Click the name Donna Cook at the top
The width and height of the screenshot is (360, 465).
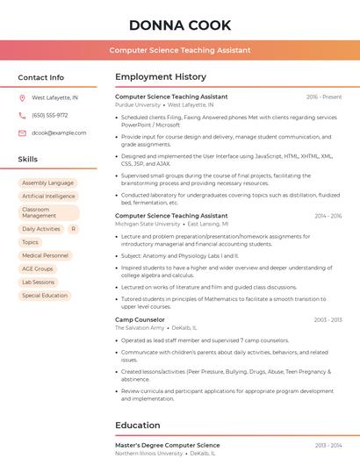tap(180, 25)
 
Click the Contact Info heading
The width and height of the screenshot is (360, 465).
tap(41, 77)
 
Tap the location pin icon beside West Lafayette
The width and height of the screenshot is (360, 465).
tap(22, 98)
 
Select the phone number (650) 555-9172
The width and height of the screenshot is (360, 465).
tap(50, 115)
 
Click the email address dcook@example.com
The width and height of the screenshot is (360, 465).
tap(54, 132)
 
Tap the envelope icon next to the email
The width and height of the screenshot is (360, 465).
tap(22, 132)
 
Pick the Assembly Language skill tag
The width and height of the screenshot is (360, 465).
tap(47, 182)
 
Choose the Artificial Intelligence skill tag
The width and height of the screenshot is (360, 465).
tap(48, 197)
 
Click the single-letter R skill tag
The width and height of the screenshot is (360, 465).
tap(73, 229)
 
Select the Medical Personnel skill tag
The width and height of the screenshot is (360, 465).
tap(45, 255)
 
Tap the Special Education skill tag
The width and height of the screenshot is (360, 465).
tap(45, 296)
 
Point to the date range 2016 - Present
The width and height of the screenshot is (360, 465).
tap(323, 97)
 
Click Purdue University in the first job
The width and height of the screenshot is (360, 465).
tap(138, 104)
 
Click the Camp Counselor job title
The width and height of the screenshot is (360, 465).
tap(140, 319)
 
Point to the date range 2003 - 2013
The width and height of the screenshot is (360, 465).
tap(328, 320)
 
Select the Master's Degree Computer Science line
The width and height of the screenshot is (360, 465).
tap(168, 446)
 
